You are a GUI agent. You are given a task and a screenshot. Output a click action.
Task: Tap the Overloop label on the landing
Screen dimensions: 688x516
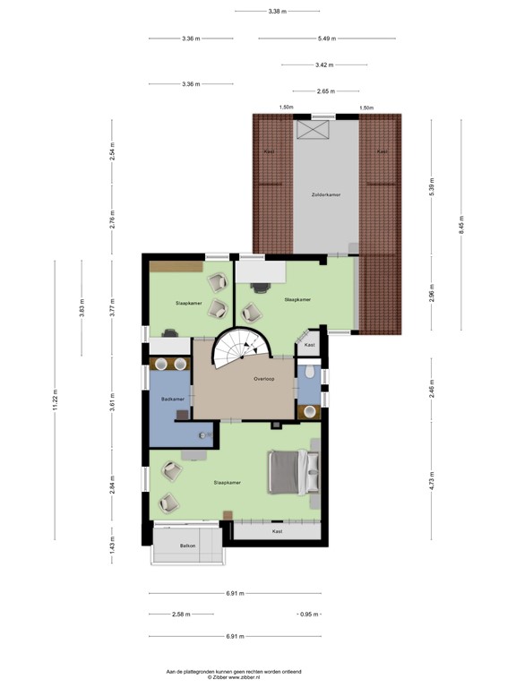(x=264, y=378)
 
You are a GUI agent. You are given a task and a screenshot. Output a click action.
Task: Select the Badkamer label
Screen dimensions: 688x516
(x=173, y=399)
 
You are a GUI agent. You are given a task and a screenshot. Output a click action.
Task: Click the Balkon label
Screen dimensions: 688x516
(x=187, y=545)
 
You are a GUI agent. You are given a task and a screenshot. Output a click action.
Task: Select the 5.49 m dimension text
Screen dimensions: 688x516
(x=326, y=39)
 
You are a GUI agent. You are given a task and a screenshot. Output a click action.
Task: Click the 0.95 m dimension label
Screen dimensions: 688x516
(x=309, y=615)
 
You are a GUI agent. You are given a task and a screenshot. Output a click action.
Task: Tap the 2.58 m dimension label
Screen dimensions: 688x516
(x=182, y=615)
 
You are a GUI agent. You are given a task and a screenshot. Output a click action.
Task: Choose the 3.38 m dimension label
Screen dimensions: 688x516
(x=277, y=12)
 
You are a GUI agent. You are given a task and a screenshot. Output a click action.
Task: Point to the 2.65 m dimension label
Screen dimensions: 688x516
(x=326, y=91)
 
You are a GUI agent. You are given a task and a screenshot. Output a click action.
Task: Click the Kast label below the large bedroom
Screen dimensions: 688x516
(x=277, y=531)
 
